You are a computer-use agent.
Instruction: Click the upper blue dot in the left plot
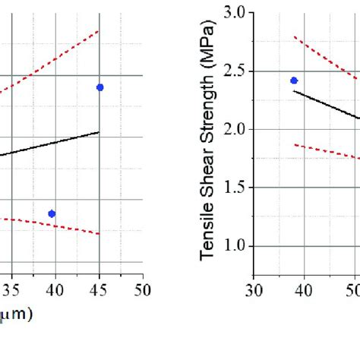(x=99, y=87)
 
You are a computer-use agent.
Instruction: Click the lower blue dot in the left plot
(x=52, y=213)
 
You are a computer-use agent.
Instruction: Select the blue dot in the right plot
(x=294, y=81)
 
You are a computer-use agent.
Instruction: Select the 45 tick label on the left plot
(x=99, y=289)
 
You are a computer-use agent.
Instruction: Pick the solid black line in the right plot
(x=327, y=104)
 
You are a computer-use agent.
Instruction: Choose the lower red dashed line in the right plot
(x=327, y=151)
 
